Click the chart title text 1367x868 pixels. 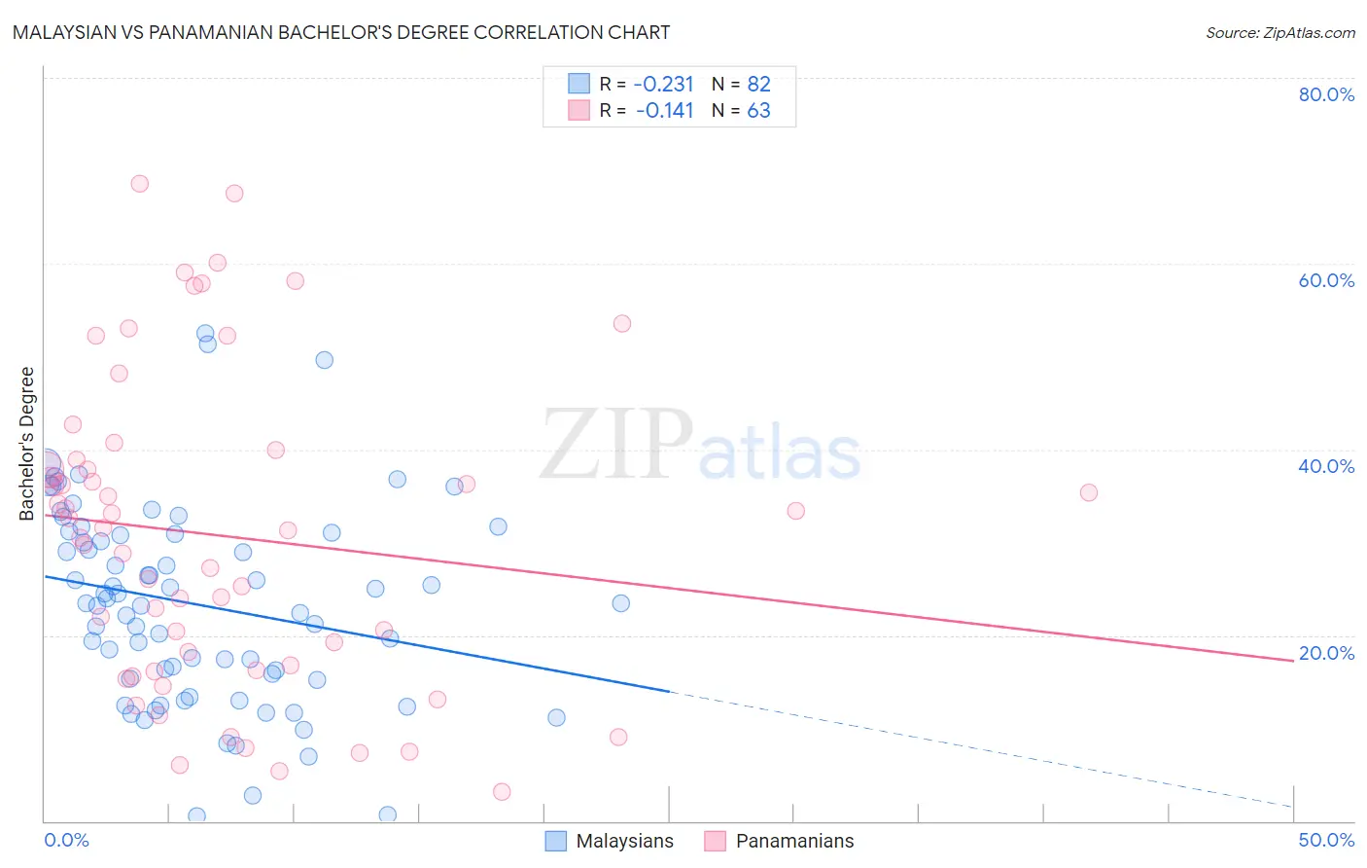pos(341,32)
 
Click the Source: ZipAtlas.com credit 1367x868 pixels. pos(1279,33)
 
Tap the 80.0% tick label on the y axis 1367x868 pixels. pos(1326,94)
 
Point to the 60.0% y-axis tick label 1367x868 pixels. pos(1326,280)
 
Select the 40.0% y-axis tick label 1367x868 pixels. pos(1326,466)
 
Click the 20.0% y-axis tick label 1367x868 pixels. pos(1326,653)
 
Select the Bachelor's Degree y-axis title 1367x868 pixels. pos(26,444)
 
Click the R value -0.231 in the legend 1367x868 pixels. pos(663,84)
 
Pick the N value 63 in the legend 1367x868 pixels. pos(758,111)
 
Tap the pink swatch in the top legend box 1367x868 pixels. pos(579,110)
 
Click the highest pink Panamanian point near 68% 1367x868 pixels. pos(140,184)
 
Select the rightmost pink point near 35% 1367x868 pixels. pos(1089,493)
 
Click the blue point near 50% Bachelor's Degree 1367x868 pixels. pos(325,360)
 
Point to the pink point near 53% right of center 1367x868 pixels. pos(622,324)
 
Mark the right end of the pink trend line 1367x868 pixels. pos(1292,660)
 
